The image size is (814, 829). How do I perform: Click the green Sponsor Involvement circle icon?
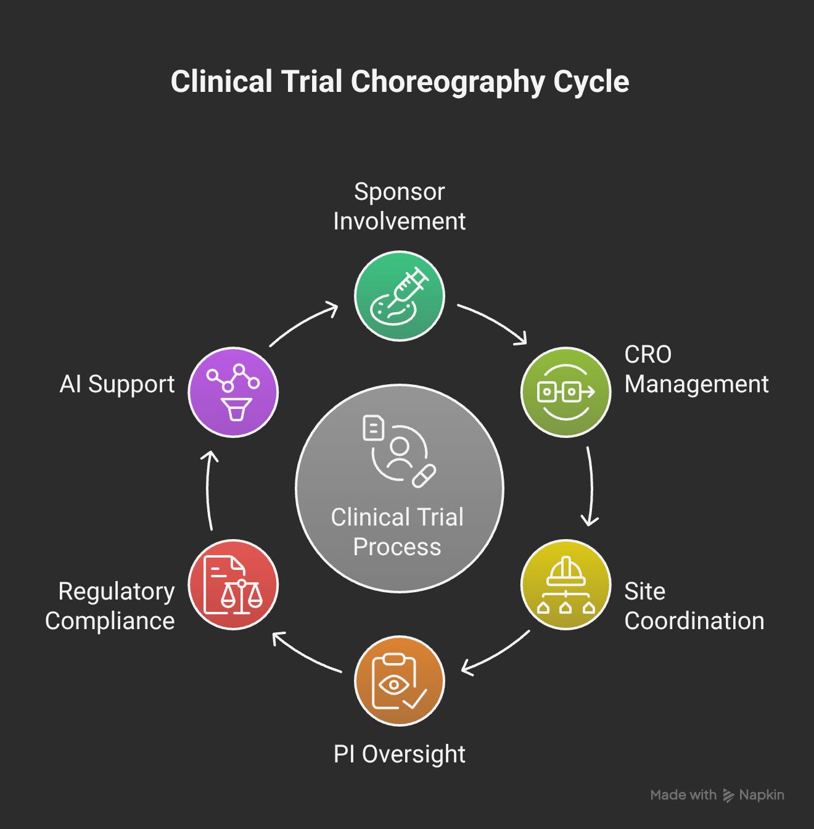point(400,296)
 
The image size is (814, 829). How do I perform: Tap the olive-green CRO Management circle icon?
point(566,392)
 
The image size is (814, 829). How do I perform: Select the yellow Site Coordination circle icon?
point(566,585)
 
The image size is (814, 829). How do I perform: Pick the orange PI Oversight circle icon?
point(400,681)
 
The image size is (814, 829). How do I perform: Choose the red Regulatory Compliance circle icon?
point(233,585)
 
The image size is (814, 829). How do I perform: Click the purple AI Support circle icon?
point(233,392)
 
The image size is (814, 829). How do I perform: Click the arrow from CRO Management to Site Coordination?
point(590,487)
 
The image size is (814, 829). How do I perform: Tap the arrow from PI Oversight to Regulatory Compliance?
point(306,654)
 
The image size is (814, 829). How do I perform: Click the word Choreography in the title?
point(447,82)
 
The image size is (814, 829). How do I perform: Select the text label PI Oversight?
point(400,754)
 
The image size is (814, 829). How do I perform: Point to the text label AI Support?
point(117,384)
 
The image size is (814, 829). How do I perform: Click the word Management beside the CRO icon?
point(696,384)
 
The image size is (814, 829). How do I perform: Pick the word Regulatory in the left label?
point(116,591)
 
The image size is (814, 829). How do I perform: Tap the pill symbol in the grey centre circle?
point(424,477)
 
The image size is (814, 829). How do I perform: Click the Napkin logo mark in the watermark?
point(728,796)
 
